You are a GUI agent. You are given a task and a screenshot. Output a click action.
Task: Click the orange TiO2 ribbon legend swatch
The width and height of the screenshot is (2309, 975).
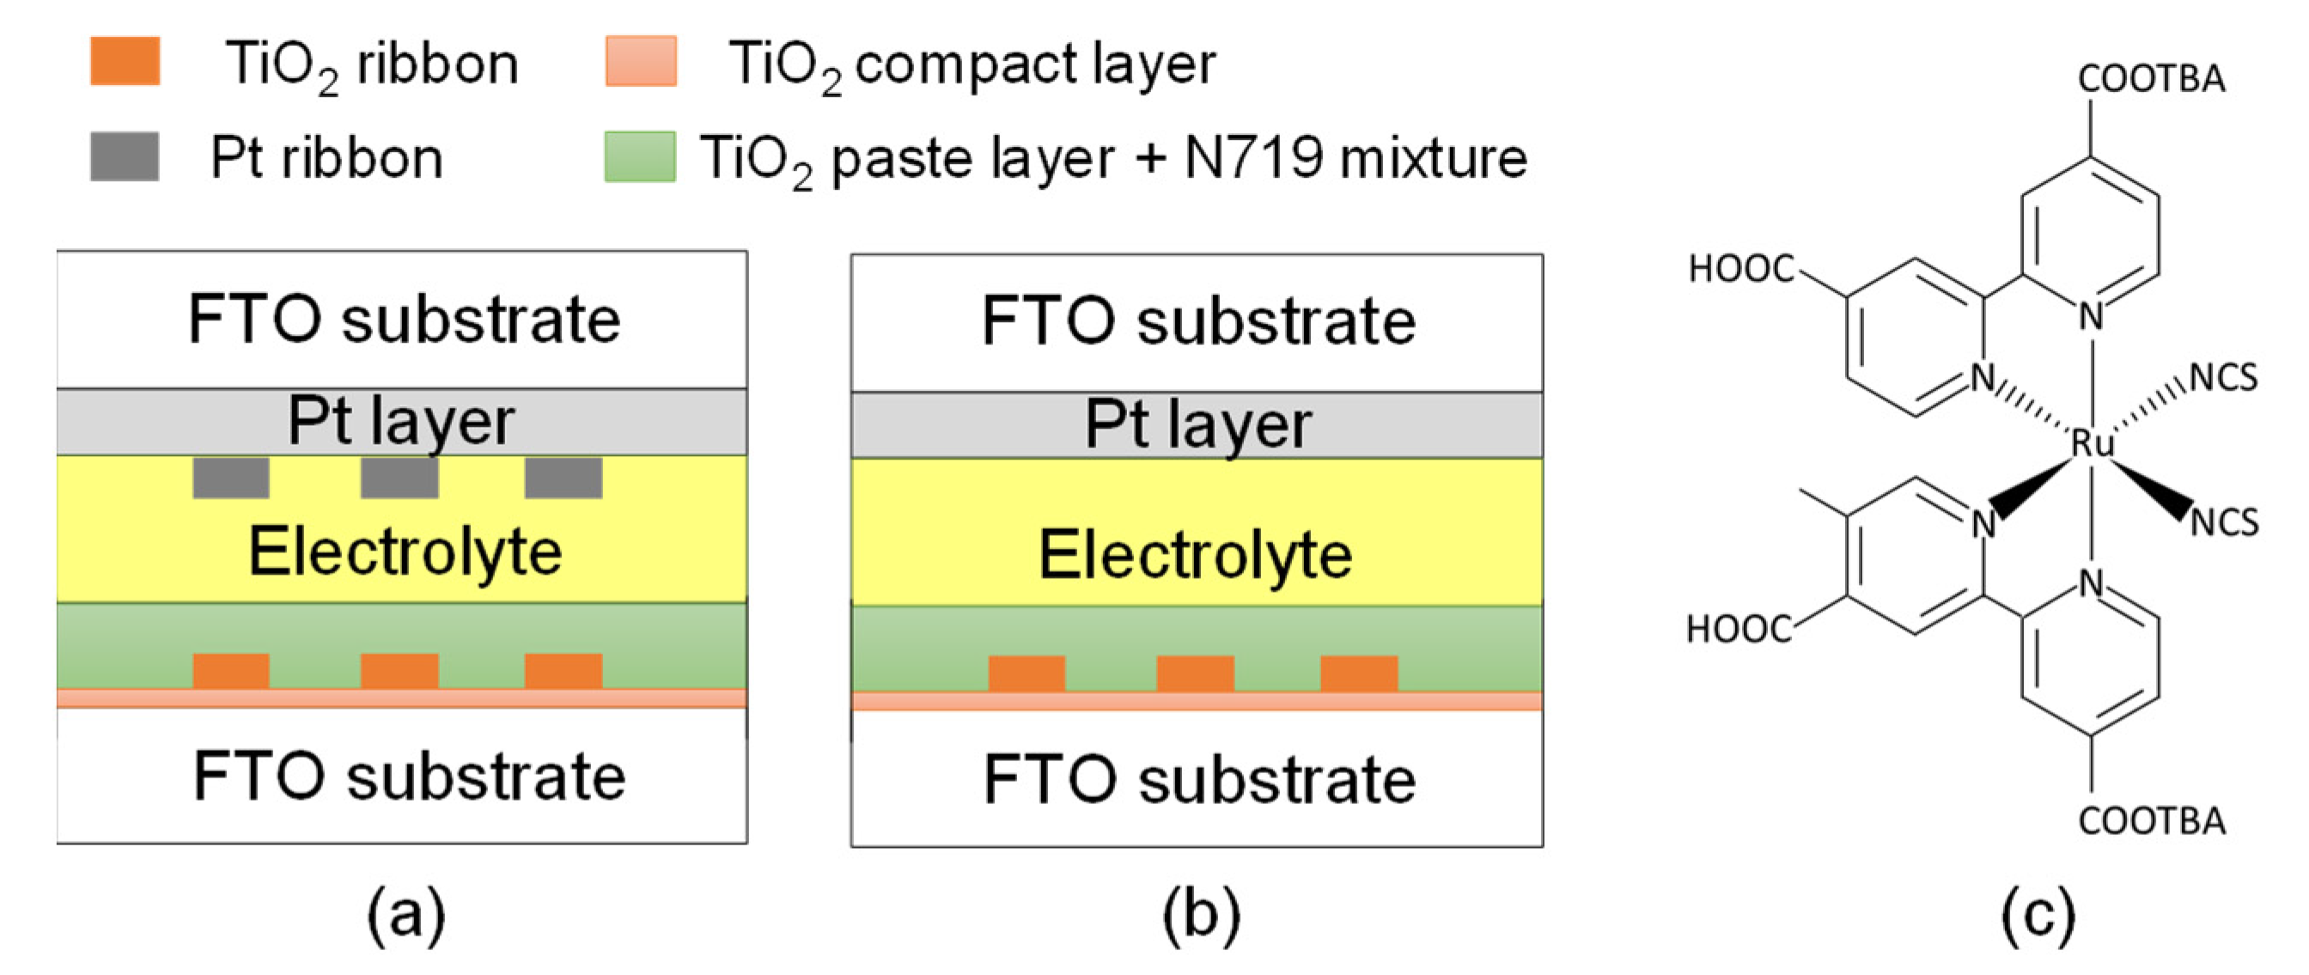click(x=125, y=61)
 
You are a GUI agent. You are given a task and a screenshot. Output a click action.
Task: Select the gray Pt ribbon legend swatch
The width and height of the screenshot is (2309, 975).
click(x=125, y=157)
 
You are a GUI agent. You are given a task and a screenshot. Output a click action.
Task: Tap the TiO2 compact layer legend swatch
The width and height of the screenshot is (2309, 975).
click(x=641, y=61)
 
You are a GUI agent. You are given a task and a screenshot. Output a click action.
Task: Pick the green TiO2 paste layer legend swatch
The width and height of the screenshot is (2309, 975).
click(x=640, y=157)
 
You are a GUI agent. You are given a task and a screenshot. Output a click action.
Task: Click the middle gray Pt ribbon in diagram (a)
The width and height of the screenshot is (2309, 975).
click(x=399, y=478)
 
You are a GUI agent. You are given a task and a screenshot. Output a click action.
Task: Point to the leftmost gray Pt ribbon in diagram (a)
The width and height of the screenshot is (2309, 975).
click(x=231, y=478)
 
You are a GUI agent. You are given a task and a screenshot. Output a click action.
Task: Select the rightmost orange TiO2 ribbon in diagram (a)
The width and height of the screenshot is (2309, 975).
click(x=563, y=671)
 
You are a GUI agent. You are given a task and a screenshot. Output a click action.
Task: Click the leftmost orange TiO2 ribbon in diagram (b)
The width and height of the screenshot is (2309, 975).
click(x=1027, y=673)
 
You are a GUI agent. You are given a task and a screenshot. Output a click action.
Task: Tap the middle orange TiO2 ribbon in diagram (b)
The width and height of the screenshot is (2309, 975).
click(x=1195, y=673)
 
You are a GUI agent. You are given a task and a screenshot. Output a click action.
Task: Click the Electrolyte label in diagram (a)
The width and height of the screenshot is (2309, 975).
click(x=405, y=552)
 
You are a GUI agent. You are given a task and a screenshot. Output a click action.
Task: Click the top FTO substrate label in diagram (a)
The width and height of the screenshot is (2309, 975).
click(x=405, y=320)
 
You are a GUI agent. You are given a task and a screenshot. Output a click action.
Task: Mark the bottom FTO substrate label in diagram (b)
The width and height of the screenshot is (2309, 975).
click(x=1199, y=780)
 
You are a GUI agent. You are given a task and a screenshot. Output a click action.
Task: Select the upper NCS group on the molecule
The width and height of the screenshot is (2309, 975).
click(x=2223, y=378)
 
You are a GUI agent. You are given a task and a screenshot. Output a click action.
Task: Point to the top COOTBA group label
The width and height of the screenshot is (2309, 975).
click(x=2151, y=79)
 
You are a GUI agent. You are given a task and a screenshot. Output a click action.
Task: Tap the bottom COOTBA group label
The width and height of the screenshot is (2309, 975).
click(x=2151, y=821)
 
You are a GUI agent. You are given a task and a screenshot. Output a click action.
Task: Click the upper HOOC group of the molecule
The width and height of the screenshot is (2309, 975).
click(x=1740, y=268)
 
